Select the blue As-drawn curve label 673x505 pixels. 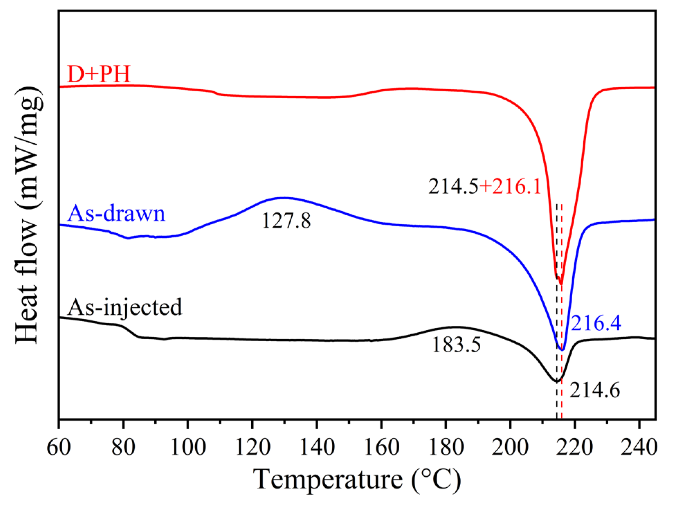coord(116,214)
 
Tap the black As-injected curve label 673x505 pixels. coord(124,307)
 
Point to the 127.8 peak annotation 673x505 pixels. coord(286,220)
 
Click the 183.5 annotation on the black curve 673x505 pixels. coord(456,345)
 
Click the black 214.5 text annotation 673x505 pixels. coord(454,187)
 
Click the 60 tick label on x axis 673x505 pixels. coord(59,447)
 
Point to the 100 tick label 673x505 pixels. coord(187,447)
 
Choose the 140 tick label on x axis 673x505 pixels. coord(316,447)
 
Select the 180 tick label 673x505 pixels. coord(445,447)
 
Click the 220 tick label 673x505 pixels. coord(575,447)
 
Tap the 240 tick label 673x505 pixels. coord(639,447)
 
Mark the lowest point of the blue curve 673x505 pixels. coord(562,350)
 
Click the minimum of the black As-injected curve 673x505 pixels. coord(557,381)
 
